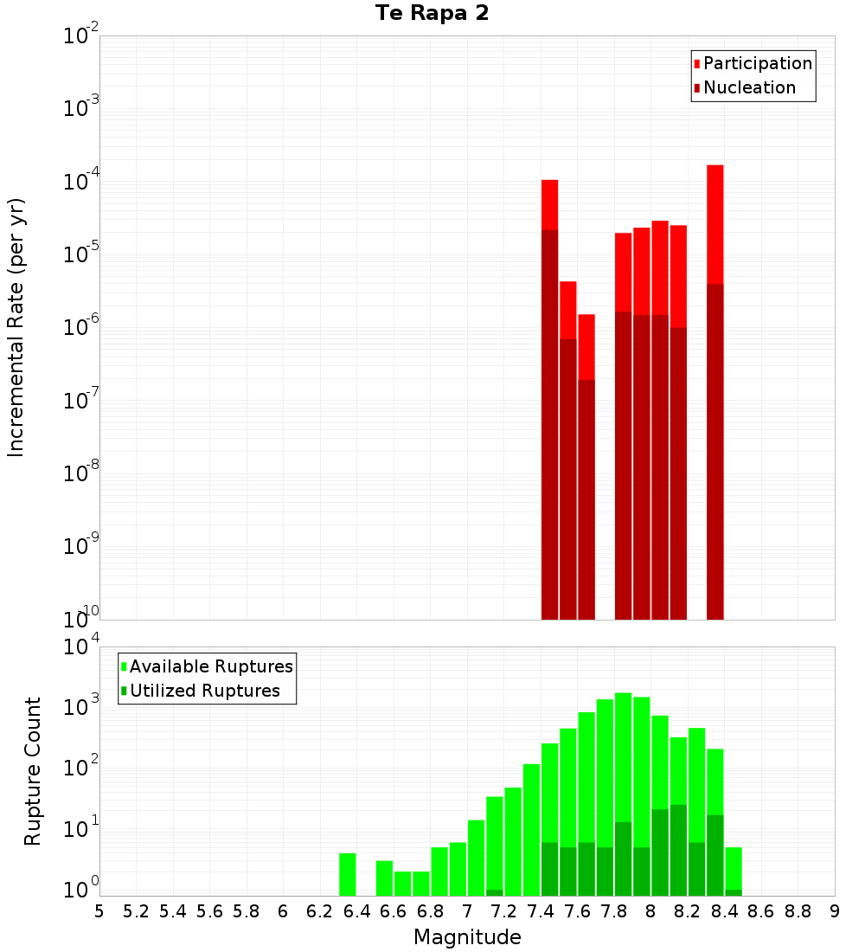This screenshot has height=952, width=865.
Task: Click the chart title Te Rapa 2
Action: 432,14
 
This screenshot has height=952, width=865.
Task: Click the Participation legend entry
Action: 757,63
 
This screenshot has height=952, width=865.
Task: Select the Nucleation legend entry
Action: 748,87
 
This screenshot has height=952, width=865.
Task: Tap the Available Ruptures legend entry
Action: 210,666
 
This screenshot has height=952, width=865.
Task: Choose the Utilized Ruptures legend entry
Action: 204,691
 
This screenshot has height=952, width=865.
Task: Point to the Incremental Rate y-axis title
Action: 16,328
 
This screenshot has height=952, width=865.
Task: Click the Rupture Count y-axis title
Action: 33,771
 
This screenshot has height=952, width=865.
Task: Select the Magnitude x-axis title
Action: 467,937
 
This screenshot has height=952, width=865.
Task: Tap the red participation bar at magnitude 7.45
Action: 549,204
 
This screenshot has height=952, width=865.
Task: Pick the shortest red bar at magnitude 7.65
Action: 586,346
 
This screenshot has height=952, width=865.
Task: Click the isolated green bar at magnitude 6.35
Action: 348,874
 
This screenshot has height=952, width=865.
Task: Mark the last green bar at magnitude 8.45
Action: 734,867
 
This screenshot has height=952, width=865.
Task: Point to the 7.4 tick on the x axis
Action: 541,911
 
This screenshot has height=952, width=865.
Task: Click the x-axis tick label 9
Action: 835,911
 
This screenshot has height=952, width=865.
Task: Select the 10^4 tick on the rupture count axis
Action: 81,646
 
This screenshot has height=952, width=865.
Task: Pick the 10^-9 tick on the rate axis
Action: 81,546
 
